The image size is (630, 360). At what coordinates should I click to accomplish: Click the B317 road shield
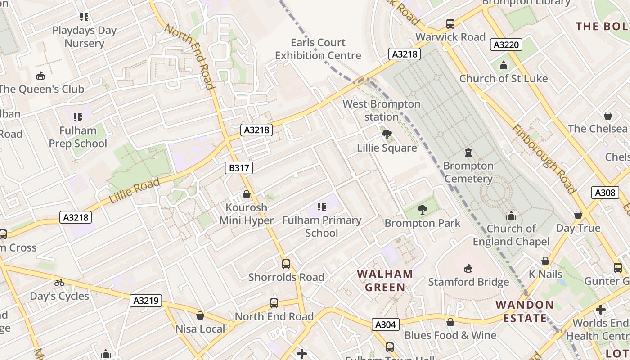[x=238, y=168]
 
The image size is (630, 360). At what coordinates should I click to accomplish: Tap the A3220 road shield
[x=506, y=45]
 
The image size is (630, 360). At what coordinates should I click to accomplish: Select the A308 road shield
[x=604, y=193]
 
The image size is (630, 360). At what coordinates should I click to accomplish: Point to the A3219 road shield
[x=146, y=301]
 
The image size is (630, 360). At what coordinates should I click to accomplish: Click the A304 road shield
[x=386, y=324]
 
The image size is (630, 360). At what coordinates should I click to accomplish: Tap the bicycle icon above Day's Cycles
[x=59, y=283]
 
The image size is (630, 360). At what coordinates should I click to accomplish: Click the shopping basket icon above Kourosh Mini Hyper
[x=246, y=194]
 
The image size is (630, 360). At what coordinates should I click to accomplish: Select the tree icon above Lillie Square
[x=387, y=135]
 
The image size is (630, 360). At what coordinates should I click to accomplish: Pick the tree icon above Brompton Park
[x=422, y=209]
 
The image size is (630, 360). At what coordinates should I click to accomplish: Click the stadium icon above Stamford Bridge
[x=468, y=268]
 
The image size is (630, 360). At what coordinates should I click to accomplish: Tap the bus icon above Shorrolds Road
[x=286, y=264]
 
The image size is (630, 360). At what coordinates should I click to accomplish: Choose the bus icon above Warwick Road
[x=450, y=24]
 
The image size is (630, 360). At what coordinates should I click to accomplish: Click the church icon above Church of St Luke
[x=503, y=66]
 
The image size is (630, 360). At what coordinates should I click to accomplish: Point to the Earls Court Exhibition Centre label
[x=318, y=49]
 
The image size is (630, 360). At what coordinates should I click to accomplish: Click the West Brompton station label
[x=382, y=110]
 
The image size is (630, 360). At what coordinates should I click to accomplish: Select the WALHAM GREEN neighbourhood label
[x=385, y=280]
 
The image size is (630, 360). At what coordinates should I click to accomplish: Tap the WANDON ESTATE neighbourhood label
[x=525, y=311]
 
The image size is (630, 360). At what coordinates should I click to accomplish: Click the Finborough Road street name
[x=544, y=159]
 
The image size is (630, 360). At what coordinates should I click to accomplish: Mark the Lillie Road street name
[x=134, y=191]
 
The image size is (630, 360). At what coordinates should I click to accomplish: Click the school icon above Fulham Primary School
[x=321, y=207]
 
